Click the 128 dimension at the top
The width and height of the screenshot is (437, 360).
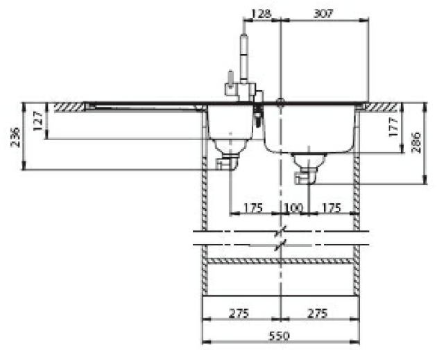click(262, 12)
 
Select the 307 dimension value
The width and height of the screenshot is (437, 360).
click(323, 12)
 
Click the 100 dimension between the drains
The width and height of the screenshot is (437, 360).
click(293, 207)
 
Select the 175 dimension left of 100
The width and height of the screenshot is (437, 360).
click(253, 207)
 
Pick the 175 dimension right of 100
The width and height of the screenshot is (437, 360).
click(332, 207)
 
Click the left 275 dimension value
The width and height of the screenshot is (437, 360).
click(240, 313)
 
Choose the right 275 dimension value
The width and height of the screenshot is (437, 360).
click(317, 313)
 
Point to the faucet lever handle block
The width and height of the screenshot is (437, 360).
click(228, 87)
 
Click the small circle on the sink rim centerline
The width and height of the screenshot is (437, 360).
click(280, 103)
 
